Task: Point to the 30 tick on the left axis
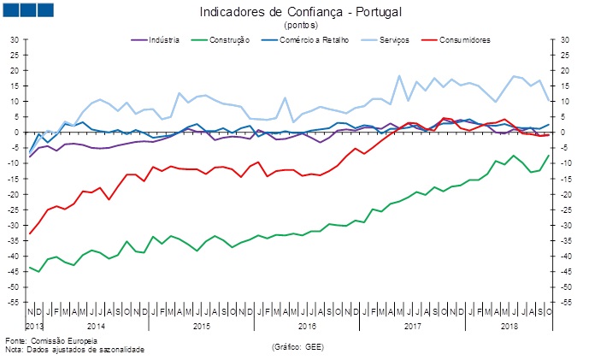[15, 39]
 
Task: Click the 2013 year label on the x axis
[34, 326]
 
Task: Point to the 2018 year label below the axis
[510, 326]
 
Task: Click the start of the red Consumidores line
[31, 233]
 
